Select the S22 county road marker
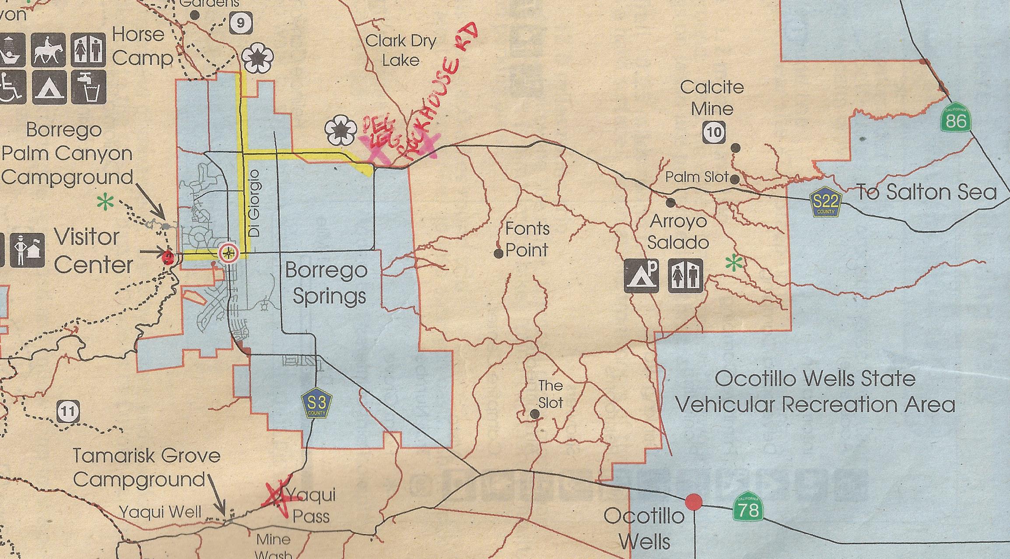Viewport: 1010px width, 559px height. coord(825,203)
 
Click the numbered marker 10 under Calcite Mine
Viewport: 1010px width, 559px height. coord(714,133)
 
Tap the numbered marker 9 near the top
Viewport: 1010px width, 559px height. coord(241,23)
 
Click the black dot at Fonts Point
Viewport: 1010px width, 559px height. coord(498,253)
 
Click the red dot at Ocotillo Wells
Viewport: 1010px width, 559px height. coord(693,502)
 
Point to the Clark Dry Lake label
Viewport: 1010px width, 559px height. coord(401,50)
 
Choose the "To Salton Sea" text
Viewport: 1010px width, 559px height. coord(926,193)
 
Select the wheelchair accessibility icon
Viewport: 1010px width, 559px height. coord(10,87)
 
